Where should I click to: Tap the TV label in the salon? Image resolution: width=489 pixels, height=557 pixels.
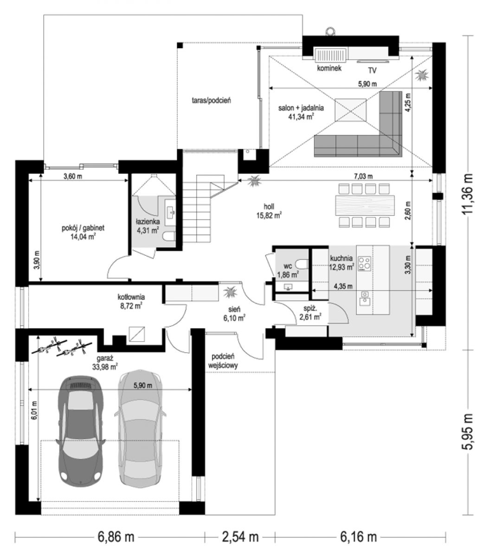point(372,71)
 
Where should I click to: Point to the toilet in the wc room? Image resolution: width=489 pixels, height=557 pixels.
point(302,264)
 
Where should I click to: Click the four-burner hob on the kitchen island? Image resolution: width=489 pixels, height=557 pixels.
point(365,264)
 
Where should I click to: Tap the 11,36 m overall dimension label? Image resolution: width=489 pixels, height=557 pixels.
point(467,194)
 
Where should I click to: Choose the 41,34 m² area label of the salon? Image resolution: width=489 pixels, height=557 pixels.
point(301,117)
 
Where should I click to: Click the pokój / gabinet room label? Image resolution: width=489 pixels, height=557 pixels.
point(83,228)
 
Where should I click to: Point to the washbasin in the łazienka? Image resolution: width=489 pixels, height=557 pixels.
point(170,213)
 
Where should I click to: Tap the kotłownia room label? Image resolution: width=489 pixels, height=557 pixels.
point(131,297)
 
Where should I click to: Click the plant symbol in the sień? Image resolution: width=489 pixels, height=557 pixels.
point(230,292)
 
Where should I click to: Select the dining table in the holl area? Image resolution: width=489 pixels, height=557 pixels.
point(365,205)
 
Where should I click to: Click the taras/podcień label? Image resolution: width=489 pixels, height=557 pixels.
point(211,100)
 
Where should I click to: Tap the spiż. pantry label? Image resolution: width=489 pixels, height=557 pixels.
point(310,309)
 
